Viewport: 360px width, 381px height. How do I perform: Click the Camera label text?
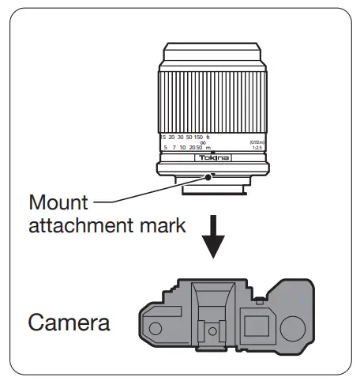pyautogui.click(x=69, y=323)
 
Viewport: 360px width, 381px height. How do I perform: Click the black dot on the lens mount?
pyautogui.click(x=208, y=178)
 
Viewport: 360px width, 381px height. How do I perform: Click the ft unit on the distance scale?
pyautogui.click(x=208, y=137)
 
